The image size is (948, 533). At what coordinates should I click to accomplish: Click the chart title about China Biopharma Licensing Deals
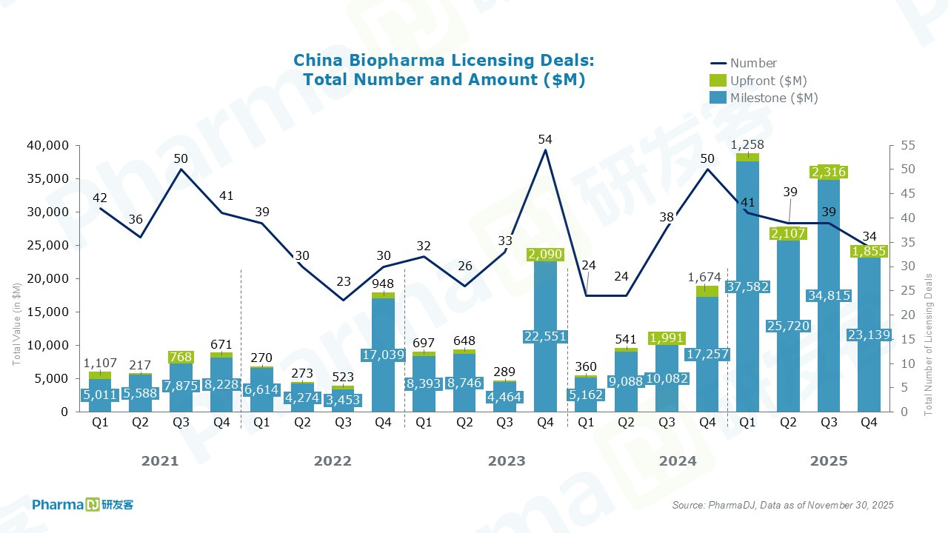pyautogui.click(x=444, y=70)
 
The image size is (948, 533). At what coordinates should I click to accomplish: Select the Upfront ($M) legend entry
pyautogui.click(x=768, y=81)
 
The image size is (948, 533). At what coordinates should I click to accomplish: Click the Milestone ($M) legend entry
pyautogui.click(x=773, y=98)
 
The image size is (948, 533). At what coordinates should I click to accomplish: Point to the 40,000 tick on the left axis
pyautogui.click(x=53, y=146)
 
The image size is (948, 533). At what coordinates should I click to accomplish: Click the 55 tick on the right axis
pyautogui.click(x=902, y=146)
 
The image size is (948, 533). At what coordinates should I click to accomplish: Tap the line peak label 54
pyautogui.click(x=546, y=139)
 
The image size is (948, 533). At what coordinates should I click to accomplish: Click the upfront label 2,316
pyautogui.click(x=829, y=172)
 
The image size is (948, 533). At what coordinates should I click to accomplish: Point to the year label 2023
pyautogui.click(x=507, y=461)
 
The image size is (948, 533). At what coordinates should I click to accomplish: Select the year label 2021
pyautogui.click(x=160, y=461)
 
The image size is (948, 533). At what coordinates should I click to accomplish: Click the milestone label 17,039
pyautogui.click(x=383, y=355)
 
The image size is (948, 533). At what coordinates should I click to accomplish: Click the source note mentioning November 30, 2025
pyautogui.click(x=783, y=506)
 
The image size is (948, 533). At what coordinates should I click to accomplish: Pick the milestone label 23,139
pyautogui.click(x=869, y=335)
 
